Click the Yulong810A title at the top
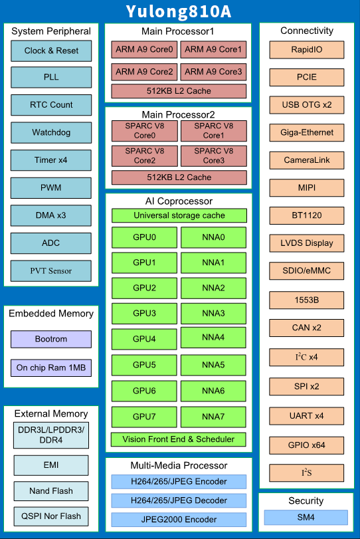179,12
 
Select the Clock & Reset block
51,51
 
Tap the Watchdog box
51,133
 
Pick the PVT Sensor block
51,271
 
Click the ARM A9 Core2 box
144,72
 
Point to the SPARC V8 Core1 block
214,131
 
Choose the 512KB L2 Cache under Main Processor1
179,91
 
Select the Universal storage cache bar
179,215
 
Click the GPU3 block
144,314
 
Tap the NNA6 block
213,391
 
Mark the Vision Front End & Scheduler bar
178,439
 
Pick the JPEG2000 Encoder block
179,520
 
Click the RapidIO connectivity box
307,50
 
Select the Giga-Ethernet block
307,133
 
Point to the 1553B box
306,300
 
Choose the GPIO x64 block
306,445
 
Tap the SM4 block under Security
306,517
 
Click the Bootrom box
51,339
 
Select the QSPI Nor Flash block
51,516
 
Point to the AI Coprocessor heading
179,201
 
